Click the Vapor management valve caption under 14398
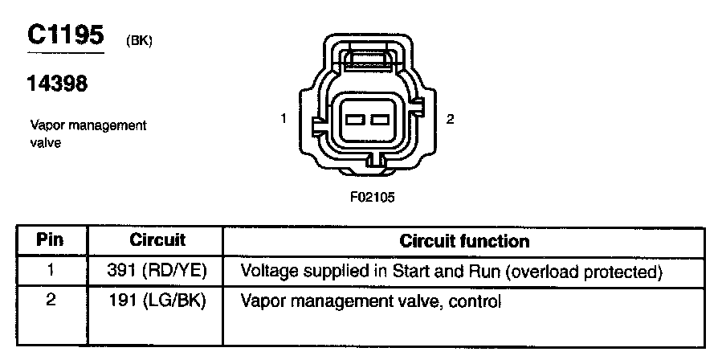coord(88,134)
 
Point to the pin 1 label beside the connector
coord(284,120)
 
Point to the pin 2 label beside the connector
coord(451,120)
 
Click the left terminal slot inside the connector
coord(356,120)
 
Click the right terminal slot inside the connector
coord(379,120)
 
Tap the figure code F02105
coord(371,195)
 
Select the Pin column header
coord(50,240)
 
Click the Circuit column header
coord(157,240)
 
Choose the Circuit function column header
coord(464,240)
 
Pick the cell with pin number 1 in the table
coord(50,271)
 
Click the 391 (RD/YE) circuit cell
coord(157,272)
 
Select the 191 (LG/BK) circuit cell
coord(157,302)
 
